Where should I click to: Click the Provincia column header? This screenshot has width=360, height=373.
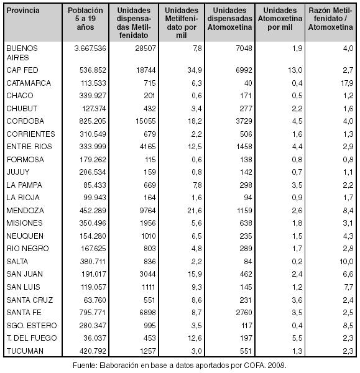23,11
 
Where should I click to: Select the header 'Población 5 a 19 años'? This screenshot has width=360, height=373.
85,19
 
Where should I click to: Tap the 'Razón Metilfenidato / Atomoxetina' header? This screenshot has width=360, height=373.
331,19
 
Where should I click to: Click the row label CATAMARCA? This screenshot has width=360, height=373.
29,83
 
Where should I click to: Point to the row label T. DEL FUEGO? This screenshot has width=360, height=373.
32,338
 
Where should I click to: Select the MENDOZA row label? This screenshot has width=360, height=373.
25,211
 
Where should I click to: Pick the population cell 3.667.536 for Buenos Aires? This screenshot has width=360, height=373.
90,48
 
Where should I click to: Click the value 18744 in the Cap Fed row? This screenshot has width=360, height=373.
146,70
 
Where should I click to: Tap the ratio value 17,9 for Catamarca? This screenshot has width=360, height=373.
347,83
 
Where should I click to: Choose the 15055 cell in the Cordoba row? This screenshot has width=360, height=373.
145,121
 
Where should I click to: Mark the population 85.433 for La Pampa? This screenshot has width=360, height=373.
95,185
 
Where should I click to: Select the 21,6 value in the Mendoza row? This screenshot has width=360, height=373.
195,211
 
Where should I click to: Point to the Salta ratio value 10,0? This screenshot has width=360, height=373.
347,262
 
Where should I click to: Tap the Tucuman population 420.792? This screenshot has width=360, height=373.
93,351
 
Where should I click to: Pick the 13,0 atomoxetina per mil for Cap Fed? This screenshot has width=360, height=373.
295,70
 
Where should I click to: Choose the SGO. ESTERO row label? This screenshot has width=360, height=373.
32,325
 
